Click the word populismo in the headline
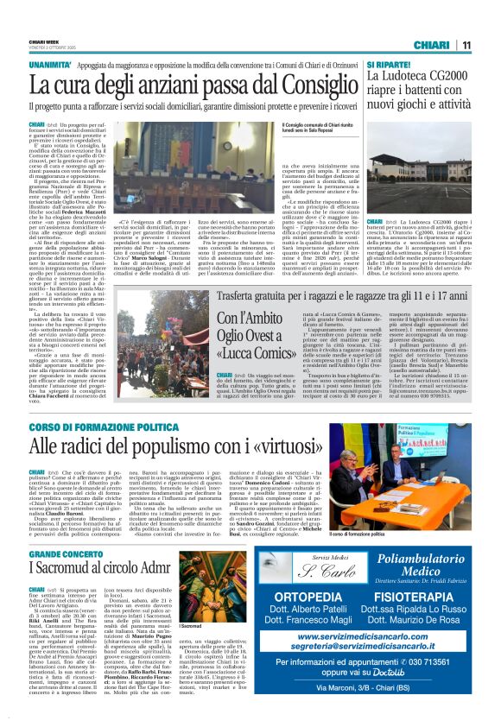coord(174,446)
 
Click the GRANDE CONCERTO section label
coord(66,553)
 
